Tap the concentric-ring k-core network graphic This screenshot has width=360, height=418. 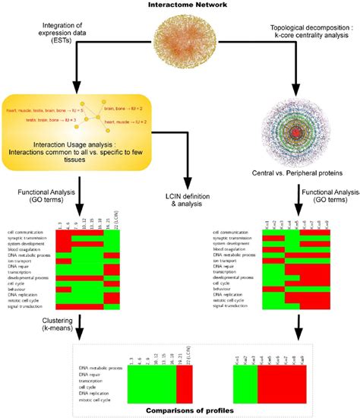293,133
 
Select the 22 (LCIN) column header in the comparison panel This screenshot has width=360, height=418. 185,353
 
